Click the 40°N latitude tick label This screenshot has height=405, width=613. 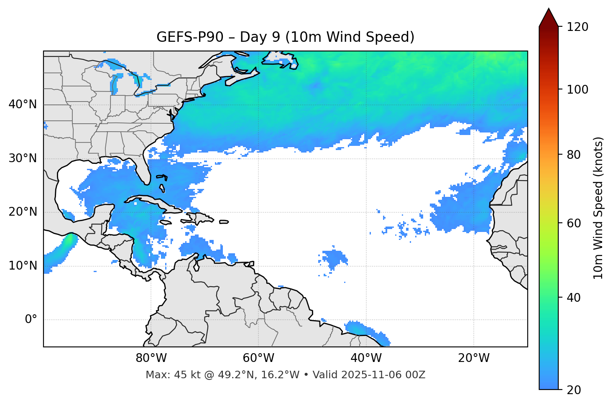tap(23, 104)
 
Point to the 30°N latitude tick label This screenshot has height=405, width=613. tap(23, 158)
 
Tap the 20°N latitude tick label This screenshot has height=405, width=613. tap(23, 212)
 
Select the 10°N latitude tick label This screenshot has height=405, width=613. tap(23, 266)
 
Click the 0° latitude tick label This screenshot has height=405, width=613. tap(31, 320)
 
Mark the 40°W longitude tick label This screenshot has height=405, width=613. tap(366, 358)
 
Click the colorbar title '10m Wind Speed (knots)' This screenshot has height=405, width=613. tap(598, 208)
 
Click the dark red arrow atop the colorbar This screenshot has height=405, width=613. tap(549, 18)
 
